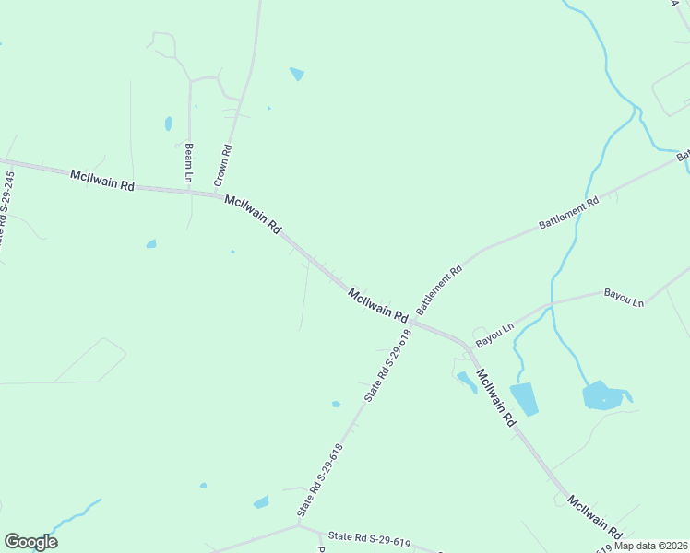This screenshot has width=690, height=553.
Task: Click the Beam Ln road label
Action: point(189,162)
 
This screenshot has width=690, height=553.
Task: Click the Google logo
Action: point(30,542)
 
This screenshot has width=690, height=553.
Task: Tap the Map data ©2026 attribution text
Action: point(650,545)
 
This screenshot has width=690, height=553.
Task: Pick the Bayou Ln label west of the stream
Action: point(494,334)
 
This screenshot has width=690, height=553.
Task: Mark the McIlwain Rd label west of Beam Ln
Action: point(101,178)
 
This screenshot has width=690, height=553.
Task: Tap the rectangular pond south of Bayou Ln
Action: point(524,399)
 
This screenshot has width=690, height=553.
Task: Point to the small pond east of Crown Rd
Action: point(296,74)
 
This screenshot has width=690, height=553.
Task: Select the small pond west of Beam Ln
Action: point(168,123)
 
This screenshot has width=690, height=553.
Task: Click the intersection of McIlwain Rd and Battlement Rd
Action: point(412,322)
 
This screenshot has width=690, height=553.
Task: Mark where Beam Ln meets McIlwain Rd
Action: point(189,193)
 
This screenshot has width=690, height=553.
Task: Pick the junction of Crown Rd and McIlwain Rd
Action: point(222,194)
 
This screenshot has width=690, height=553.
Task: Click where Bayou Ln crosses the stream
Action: point(552,304)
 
